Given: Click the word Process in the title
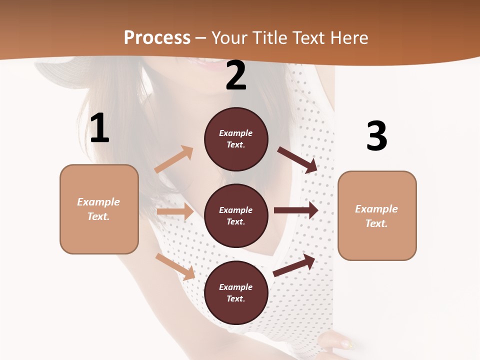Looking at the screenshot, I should click(157, 38).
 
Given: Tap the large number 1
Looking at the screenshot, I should click(99, 128).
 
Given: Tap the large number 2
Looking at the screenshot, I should click(236, 75).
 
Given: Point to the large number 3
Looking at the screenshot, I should click(376, 136).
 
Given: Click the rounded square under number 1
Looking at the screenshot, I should click(99, 209).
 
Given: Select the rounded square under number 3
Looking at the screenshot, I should click(377, 215).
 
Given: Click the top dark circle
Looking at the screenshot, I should click(236, 139).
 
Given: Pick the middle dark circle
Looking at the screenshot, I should click(236, 215).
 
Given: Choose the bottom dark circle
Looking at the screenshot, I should click(236, 292).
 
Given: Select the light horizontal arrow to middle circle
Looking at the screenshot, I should click(175, 211).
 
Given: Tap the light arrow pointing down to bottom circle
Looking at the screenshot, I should click(175, 266).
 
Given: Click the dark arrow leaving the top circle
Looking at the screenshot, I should click(297, 159).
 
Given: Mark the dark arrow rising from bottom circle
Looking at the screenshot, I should click(294, 265).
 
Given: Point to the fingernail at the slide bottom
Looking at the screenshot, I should click(345, 343).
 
